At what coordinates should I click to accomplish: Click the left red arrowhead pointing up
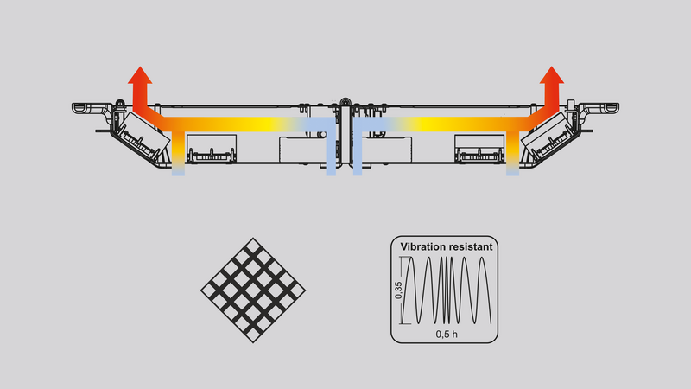pyautogui.click(x=140, y=75)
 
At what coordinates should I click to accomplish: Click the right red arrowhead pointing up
pyautogui.click(x=552, y=75)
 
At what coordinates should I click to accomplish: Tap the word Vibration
pyautogui.click(x=422, y=246)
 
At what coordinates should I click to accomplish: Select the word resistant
pyautogui.click(x=470, y=246)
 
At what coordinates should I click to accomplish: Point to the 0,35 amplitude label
pyautogui.click(x=398, y=290)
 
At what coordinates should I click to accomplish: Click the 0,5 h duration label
pyautogui.click(x=447, y=335)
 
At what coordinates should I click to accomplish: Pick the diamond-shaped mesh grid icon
pyautogui.click(x=253, y=290)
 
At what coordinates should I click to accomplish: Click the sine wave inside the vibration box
pyautogui.click(x=447, y=290)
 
